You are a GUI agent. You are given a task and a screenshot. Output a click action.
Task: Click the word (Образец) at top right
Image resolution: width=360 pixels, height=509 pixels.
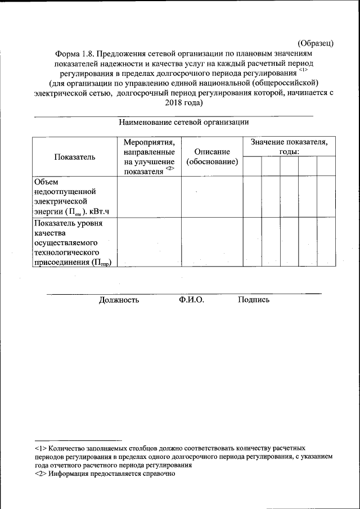coord(316,43)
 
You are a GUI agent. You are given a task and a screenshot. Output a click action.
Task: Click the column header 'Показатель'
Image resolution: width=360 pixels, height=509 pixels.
coord(74,157)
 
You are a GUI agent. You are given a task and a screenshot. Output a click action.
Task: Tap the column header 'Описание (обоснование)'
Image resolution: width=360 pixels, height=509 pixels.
coord(212,157)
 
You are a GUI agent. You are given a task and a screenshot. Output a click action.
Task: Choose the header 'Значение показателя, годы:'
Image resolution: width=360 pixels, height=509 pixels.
coord(289,147)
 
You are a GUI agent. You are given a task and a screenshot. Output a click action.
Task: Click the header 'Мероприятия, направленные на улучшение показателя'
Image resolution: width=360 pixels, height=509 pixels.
coord(148,157)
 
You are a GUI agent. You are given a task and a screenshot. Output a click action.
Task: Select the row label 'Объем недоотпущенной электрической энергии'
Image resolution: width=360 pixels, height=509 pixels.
coord(62,196)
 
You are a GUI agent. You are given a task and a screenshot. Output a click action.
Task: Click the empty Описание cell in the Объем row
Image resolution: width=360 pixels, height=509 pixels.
coord(212,196)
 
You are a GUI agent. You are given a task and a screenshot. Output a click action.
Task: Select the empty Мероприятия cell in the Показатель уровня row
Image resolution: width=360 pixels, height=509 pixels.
coord(148,242)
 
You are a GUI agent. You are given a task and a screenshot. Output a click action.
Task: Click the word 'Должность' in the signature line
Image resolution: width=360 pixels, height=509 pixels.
coord(119,300)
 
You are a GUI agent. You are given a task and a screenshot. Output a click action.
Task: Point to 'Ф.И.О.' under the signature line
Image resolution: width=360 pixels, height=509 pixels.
coord(191,300)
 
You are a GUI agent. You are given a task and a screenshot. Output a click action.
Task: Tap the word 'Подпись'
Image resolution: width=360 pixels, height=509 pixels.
coord(254,300)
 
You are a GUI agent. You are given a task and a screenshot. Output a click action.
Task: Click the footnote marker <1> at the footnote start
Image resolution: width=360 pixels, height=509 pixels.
coord(40,449)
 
